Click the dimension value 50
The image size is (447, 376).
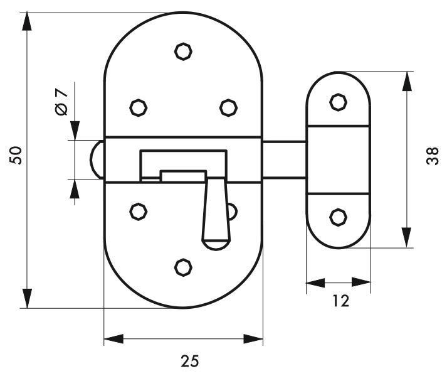16,155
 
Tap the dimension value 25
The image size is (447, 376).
189,361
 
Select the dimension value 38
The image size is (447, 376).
433,156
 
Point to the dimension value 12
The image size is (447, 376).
340,301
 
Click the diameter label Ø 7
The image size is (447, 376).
61,102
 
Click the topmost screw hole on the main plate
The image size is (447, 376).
183,51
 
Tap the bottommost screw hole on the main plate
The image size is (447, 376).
183,267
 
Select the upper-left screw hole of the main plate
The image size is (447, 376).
139,107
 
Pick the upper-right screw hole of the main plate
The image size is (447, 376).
228,107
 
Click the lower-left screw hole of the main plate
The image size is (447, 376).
139,212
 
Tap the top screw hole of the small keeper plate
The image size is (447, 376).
339,102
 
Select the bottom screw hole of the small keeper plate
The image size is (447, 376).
339,217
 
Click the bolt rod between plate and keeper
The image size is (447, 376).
284,159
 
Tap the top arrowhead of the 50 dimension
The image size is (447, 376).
27,21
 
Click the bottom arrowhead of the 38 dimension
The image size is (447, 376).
407,238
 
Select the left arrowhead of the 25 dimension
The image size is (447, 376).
113,339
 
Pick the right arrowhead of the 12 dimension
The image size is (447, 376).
361,282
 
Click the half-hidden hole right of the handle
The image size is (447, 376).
233,212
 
